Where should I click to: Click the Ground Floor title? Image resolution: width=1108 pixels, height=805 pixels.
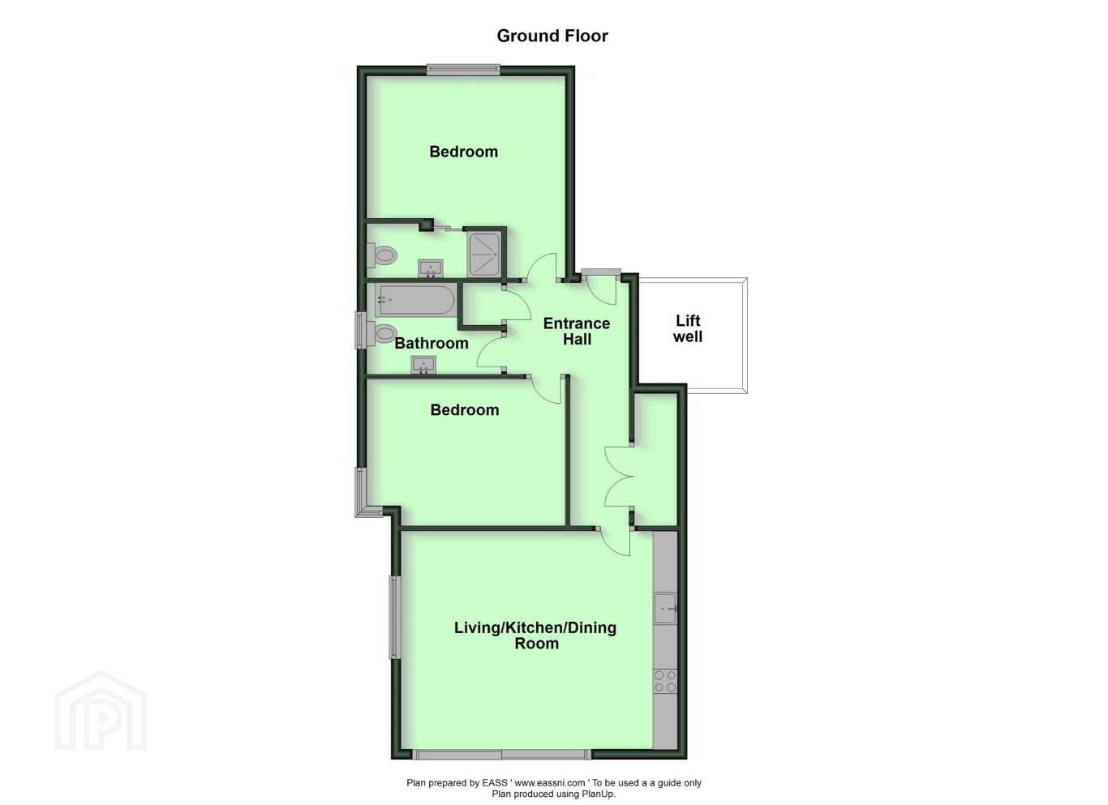(552, 36)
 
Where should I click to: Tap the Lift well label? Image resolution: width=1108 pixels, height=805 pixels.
(688, 329)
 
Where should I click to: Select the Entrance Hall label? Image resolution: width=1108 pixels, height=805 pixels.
(577, 332)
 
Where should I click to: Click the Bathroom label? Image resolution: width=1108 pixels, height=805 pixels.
(432, 343)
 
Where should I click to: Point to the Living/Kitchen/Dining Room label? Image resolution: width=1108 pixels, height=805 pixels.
(535, 636)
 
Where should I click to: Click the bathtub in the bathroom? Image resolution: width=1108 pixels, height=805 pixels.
(414, 300)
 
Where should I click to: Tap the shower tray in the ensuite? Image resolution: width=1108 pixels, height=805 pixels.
(483, 255)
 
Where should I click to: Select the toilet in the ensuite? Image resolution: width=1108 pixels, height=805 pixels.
(382, 255)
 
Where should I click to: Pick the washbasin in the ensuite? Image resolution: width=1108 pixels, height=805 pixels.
(431, 268)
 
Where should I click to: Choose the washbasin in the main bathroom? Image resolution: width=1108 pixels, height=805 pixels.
(423, 366)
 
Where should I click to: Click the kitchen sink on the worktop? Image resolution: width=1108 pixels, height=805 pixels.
(665, 609)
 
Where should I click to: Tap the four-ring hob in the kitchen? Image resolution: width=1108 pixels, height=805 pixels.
(665, 681)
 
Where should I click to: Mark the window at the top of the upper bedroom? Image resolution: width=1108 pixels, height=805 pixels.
(463, 71)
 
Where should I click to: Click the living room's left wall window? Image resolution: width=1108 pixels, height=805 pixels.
(394, 617)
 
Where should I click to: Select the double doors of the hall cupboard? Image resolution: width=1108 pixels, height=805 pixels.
(619, 476)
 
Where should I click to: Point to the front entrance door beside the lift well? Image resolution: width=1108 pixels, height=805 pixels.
(601, 290)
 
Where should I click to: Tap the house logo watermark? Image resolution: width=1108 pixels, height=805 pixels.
(101, 710)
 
